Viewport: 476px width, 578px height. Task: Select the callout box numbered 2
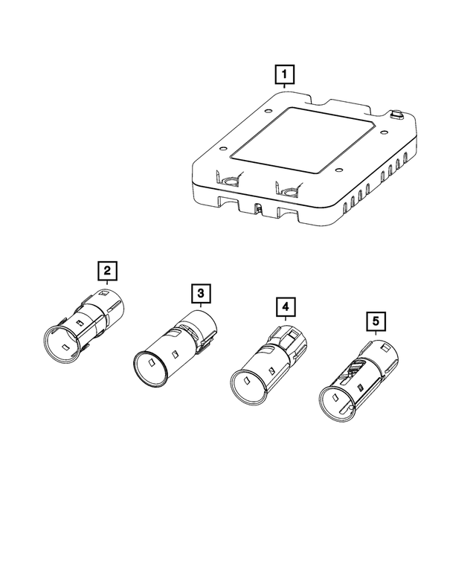[x=109, y=270]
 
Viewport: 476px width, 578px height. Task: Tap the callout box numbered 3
[x=200, y=294]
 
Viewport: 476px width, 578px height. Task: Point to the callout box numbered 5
[x=376, y=321]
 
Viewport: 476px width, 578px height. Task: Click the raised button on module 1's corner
[x=395, y=115]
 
